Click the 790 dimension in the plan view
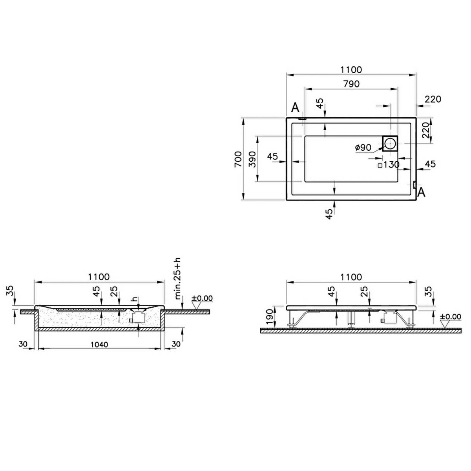[351, 84]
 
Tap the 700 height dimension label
[238, 159]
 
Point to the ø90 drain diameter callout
[363, 148]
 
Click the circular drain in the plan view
[390, 143]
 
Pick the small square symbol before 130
[380, 165]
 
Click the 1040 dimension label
[99, 345]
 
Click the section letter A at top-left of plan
[295, 108]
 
